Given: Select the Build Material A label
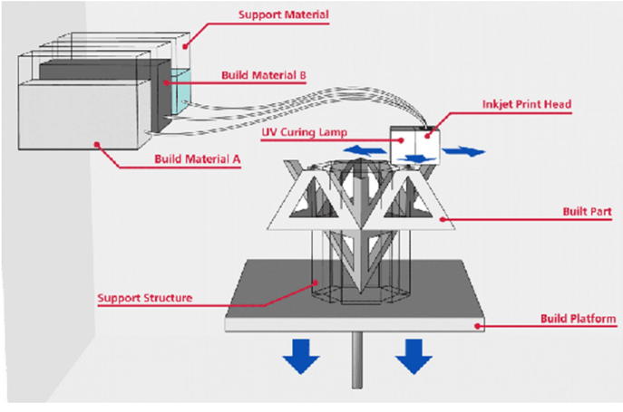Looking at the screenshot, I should click(197, 157).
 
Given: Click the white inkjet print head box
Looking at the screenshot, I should click(414, 142).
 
